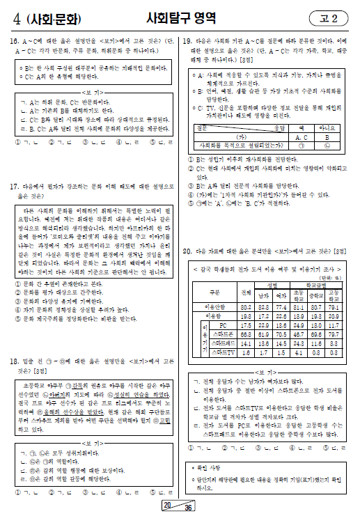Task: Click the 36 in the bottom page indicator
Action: [x=187, y=508]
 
